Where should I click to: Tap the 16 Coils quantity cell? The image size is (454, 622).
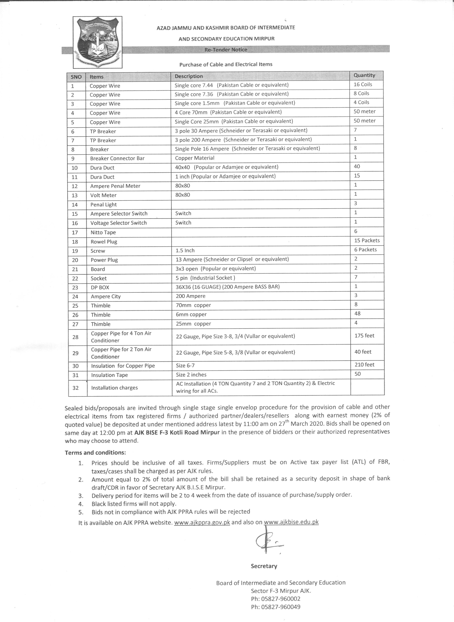[x=363, y=84]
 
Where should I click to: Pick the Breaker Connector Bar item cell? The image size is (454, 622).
[x=117, y=158]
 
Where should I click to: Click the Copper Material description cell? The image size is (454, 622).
[x=195, y=158]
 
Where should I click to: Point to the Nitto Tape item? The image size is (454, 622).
[x=103, y=232]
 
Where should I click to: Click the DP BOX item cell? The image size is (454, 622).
[x=100, y=287]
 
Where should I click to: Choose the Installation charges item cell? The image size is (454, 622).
[x=114, y=388]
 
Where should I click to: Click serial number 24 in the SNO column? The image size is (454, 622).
[x=75, y=296]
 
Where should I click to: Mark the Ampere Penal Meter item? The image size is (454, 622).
[x=115, y=186]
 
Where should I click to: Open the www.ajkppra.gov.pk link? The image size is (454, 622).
[x=202, y=522]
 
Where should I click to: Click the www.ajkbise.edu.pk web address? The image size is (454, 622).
[x=291, y=522]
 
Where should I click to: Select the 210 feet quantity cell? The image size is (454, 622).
[x=364, y=365]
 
